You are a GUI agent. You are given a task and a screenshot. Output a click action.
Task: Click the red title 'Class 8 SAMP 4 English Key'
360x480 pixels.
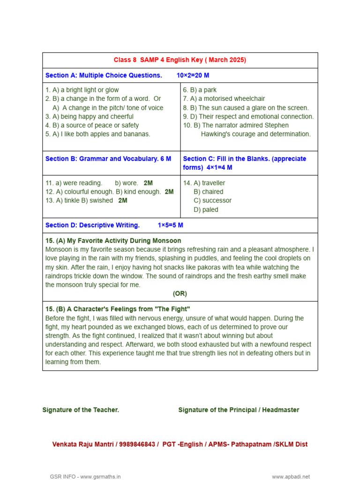[180, 60]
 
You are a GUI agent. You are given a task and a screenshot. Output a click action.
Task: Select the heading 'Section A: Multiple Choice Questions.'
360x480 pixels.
[104, 75]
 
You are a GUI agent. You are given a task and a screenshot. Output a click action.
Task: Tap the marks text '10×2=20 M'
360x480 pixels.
[193, 75]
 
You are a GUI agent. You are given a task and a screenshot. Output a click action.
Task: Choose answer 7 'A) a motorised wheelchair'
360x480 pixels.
[224, 98]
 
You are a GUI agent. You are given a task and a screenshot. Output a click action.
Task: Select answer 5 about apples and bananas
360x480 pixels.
[97, 134]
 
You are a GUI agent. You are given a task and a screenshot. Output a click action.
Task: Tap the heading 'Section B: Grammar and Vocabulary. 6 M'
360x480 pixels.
[108, 158]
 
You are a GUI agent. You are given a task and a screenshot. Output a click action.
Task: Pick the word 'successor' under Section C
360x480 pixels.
[212, 201]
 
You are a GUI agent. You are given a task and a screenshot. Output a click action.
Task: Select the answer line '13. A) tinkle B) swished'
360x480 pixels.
[79, 201]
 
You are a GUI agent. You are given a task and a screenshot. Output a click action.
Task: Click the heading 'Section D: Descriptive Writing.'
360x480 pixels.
[93, 225]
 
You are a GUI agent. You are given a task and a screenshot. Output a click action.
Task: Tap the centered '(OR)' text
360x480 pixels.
[180, 293]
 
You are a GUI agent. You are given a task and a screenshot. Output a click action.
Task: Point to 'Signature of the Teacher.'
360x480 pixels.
[81, 410]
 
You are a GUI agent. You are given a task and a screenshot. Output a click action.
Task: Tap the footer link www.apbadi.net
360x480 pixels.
[291, 477]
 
